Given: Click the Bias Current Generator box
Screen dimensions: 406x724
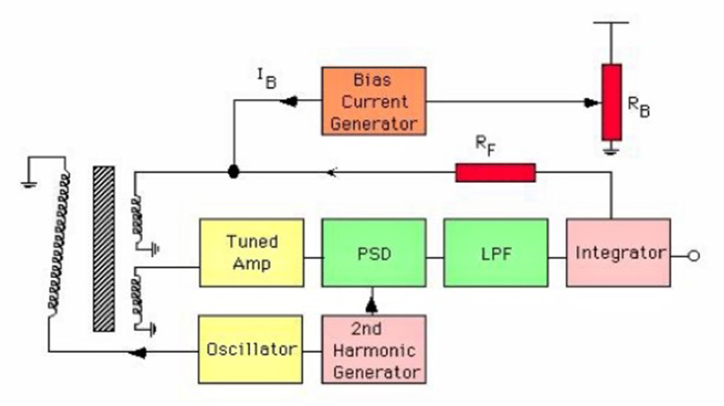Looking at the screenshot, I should tap(373, 100).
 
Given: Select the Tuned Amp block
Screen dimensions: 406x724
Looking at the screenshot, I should tap(252, 252).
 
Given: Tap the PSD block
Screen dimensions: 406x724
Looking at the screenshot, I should tap(373, 252).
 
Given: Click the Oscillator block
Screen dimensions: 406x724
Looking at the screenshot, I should tap(252, 350).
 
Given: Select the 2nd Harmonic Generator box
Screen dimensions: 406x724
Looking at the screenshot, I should tap(373, 350).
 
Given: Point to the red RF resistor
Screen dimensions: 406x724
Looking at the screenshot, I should tap(495, 172).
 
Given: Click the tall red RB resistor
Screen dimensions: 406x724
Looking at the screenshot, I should tap(611, 101).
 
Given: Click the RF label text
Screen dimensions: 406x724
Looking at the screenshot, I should tap(485, 145).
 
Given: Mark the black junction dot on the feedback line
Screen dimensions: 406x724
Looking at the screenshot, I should tap(233, 172).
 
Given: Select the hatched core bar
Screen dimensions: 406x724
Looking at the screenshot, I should tap(104, 247).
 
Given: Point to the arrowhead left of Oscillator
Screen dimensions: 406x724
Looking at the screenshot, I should tap(139, 352).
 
